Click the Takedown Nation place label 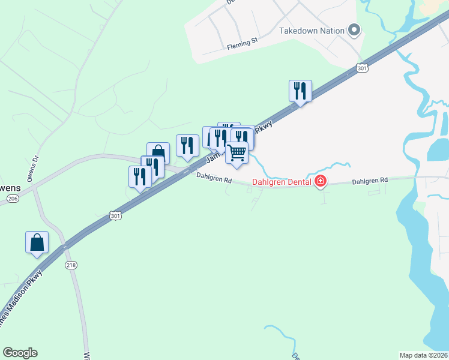(x=312, y=31)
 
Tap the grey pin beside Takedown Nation (x=354, y=30)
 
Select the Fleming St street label (x=242, y=44)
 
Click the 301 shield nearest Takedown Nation (x=361, y=68)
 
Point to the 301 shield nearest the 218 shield (x=116, y=215)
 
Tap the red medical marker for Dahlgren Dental (x=321, y=181)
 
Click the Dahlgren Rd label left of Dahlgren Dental (x=214, y=178)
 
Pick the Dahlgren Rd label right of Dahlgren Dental (x=370, y=181)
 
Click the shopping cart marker (x=237, y=153)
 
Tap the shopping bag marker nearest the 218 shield (x=37, y=243)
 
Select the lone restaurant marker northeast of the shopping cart (x=300, y=91)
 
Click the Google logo (x=20, y=353)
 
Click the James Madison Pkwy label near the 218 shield (x=18, y=302)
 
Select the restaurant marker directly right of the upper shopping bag (x=187, y=146)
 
